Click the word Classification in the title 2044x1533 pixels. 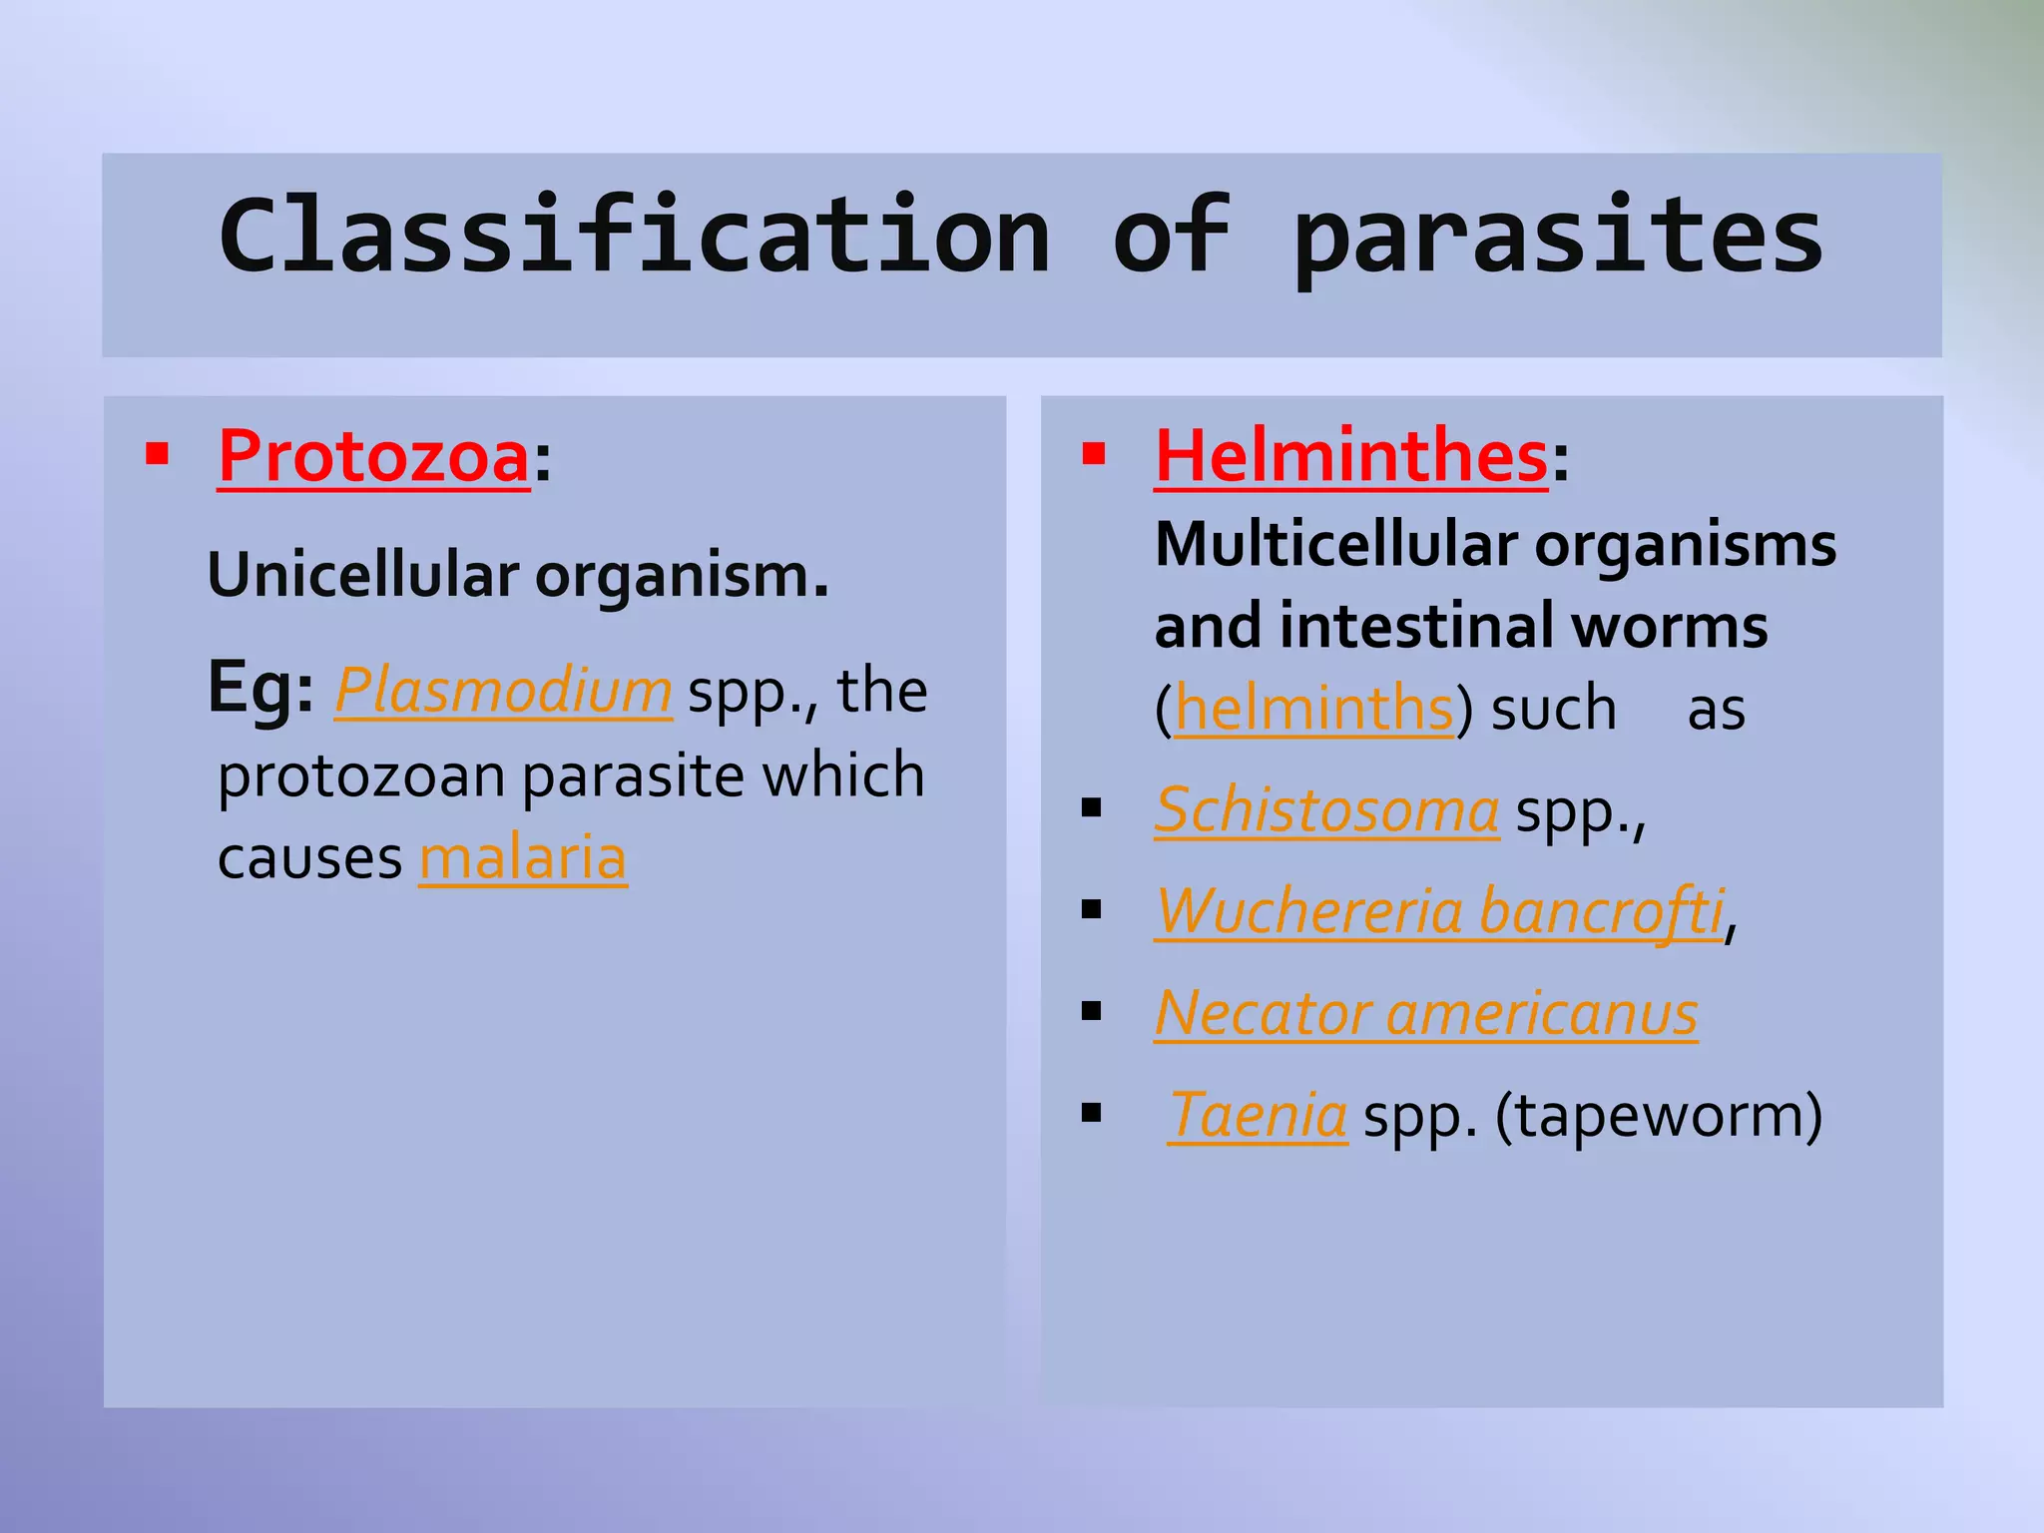point(635,236)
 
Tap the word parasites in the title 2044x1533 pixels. point(1557,236)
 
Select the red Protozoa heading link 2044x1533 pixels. point(373,457)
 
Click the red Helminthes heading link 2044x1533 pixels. point(1350,457)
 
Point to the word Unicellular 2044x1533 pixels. point(363,576)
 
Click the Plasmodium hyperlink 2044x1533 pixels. point(503,690)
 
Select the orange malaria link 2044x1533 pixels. point(523,857)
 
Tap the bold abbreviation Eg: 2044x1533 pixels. point(260,688)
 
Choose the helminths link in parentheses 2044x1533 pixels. point(1313,709)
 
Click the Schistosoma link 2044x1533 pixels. point(1326,809)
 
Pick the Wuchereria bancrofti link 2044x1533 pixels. point(1439,911)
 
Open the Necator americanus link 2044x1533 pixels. point(1425,1014)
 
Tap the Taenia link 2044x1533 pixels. point(1258,1115)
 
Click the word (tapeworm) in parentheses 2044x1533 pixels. point(1659,1115)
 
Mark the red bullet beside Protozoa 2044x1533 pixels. point(157,456)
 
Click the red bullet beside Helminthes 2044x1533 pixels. point(1094,456)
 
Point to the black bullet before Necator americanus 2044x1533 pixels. point(1091,1012)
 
